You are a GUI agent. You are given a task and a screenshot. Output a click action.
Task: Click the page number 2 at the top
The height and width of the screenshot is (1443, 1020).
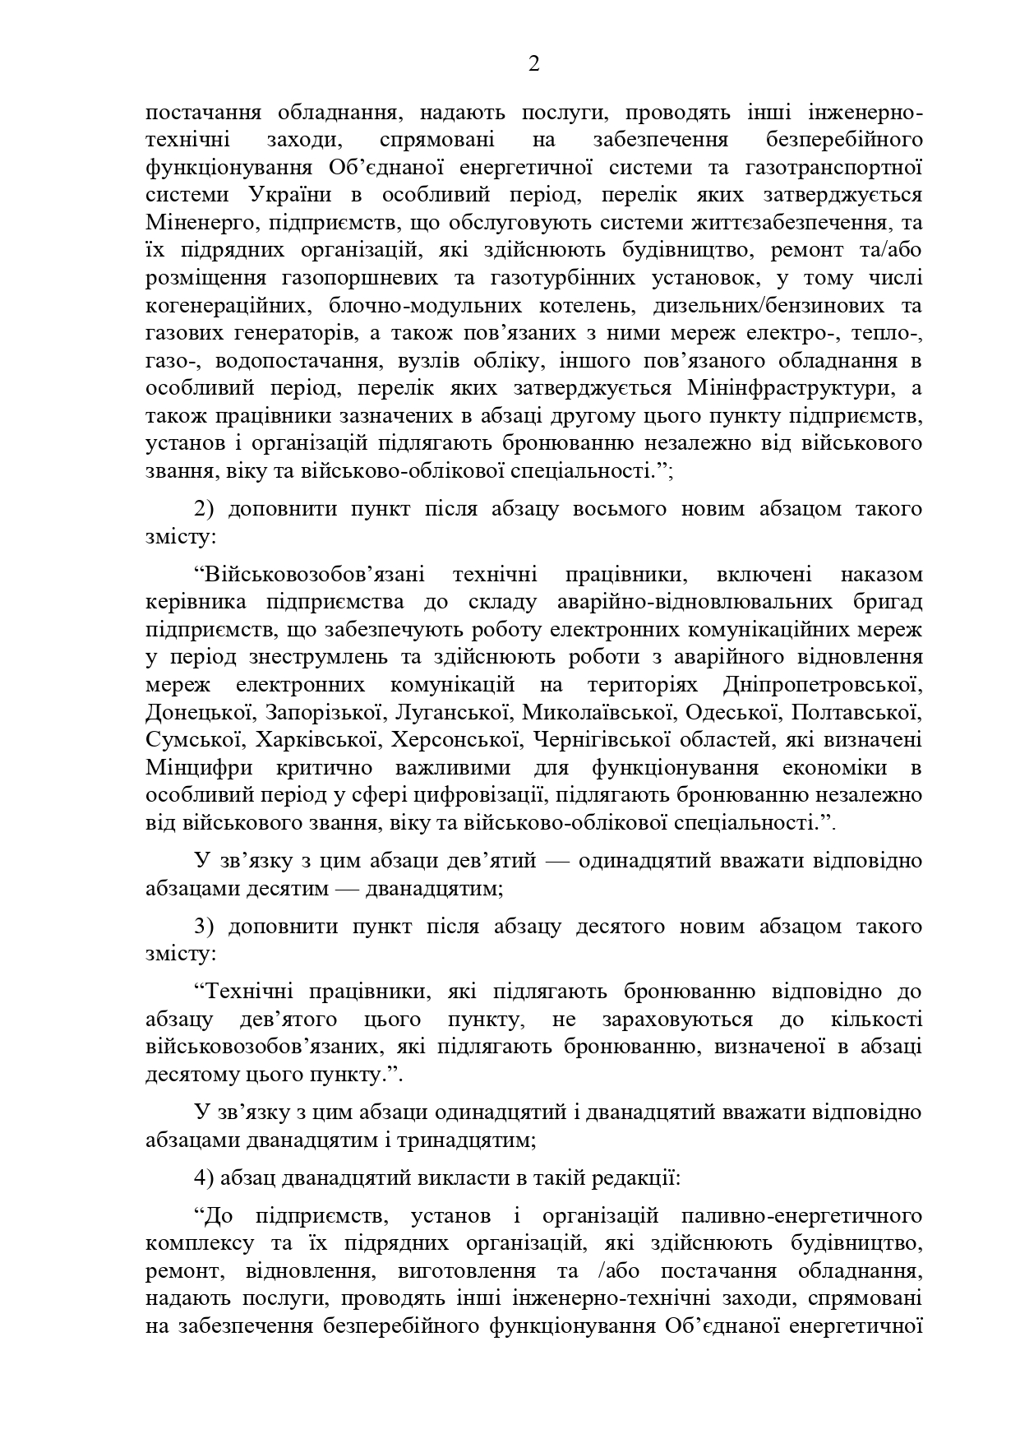(x=533, y=65)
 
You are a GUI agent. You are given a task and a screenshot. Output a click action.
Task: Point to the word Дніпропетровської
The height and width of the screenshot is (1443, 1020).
(x=823, y=685)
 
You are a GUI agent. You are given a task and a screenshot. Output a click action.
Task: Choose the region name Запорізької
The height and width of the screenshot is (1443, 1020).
(x=315, y=713)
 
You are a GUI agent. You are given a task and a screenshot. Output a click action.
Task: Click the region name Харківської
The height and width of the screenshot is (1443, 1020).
(x=316, y=740)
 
